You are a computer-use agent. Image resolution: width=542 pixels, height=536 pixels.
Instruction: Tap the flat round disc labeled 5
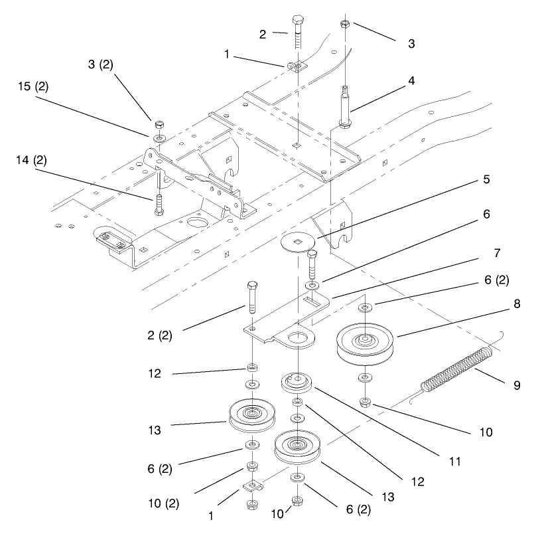click(298, 242)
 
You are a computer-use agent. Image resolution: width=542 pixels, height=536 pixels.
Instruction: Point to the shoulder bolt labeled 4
click(345, 106)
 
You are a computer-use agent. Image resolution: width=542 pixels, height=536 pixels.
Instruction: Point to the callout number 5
click(486, 179)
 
